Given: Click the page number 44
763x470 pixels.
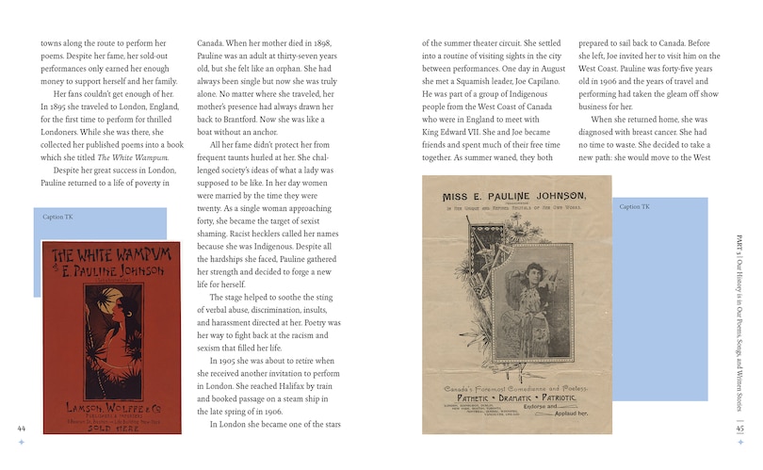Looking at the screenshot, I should pos(21,429).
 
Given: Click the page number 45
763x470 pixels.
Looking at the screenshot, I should pos(740,429).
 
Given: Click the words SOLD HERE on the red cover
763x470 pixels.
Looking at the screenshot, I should pos(111,426).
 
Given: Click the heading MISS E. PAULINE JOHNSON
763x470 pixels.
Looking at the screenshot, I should pos(513,195).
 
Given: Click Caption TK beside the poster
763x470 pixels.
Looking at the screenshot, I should pos(634,206).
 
